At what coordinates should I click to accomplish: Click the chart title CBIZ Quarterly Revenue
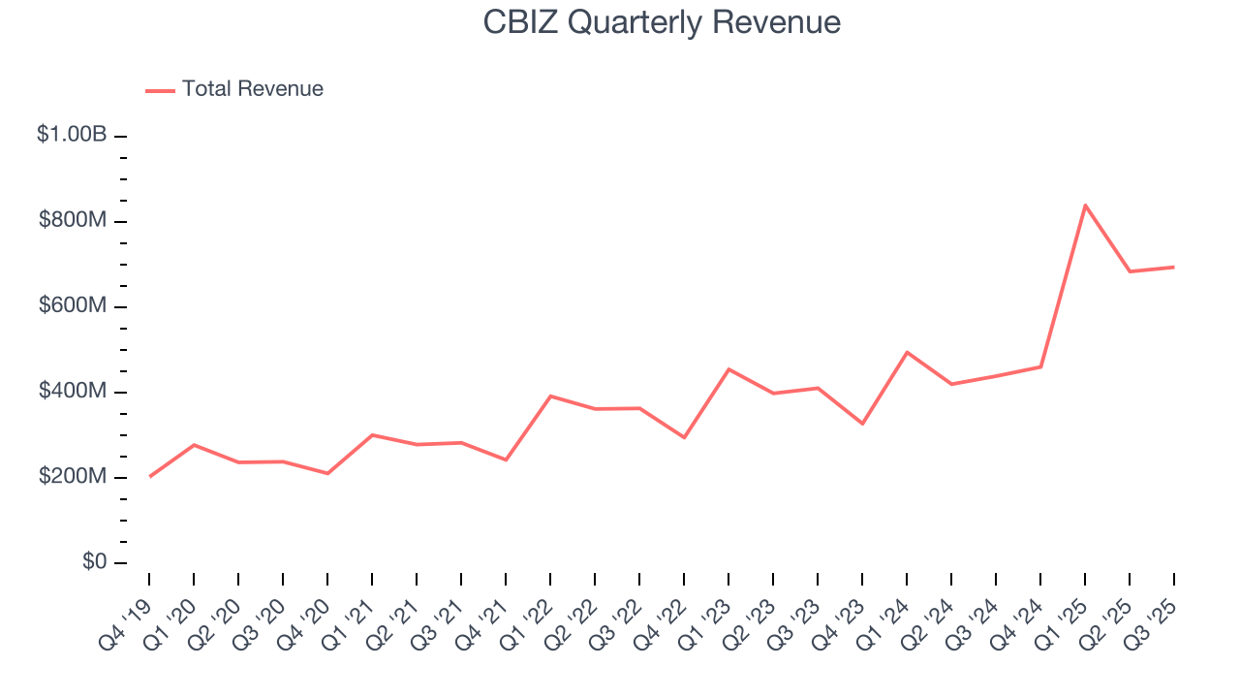pyautogui.click(x=662, y=22)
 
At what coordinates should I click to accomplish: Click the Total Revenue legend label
pyautogui.click(x=252, y=89)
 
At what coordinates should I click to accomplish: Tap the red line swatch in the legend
pyautogui.click(x=160, y=90)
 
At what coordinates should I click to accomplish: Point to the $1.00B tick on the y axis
pyautogui.click(x=72, y=135)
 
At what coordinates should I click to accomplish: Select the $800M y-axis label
pyautogui.click(x=73, y=221)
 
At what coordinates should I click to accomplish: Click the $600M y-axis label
pyautogui.click(x=73, y=306)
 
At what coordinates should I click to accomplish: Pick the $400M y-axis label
pyautogui.click(x=73, y=392)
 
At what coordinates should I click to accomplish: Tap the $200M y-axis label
pyautogui.click(x=73, y=477)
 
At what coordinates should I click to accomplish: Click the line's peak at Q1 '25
pyautogui.click(x=1085, y=205)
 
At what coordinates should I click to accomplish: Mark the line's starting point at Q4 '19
pyautogui.click(x=149, y=476)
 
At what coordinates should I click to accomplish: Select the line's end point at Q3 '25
pyautogui.click(x=1174, y=267)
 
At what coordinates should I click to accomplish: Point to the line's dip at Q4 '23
pyautogui.click(x=862, y=424)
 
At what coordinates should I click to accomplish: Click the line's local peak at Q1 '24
pyautogui.click(x=907, y=352)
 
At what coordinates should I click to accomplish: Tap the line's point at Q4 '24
pyautogui.click(x=1040, y=366)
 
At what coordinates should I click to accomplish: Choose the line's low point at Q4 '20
pyautogui.click(x=327, y=473)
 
